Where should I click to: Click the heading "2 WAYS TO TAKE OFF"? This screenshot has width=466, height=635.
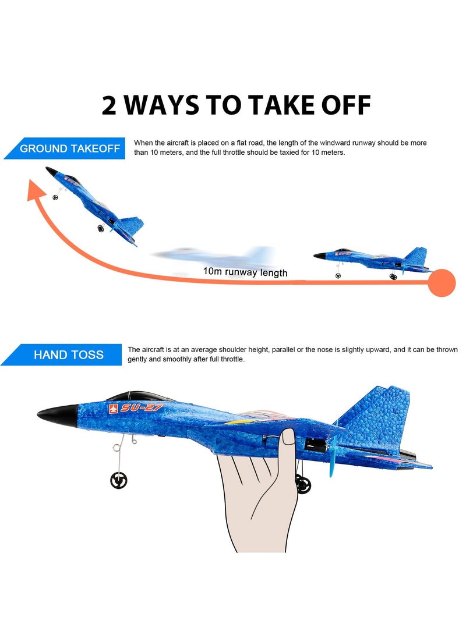point(236,105)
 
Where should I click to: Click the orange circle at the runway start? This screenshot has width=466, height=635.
point(442,283)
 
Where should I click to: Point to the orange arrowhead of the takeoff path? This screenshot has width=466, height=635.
point(36,190)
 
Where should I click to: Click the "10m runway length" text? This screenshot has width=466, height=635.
point(245,272)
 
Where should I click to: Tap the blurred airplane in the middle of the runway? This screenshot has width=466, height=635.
point(216,255)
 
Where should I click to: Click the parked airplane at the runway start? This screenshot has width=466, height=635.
point(373,260)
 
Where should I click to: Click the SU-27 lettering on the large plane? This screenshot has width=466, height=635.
point(143,407)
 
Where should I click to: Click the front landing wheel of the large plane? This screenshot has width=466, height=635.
point(119,480)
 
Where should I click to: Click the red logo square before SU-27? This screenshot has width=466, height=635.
point(112,409)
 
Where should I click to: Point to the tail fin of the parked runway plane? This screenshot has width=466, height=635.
point(416,255)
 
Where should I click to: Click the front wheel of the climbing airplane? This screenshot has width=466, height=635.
point(55,197)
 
